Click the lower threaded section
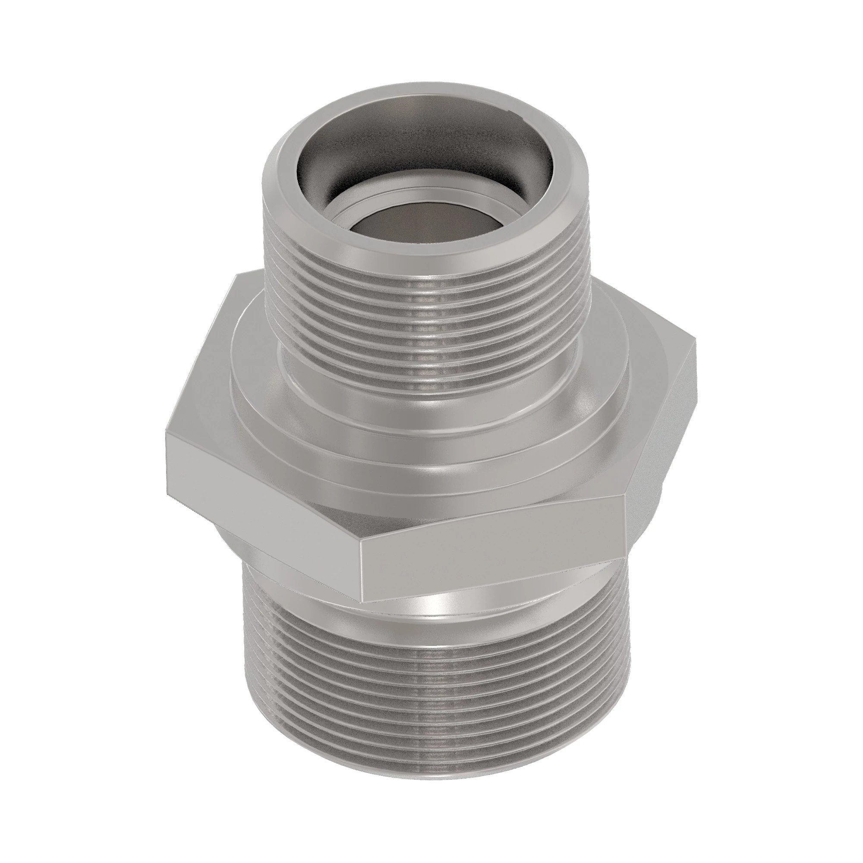click(429, 697)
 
